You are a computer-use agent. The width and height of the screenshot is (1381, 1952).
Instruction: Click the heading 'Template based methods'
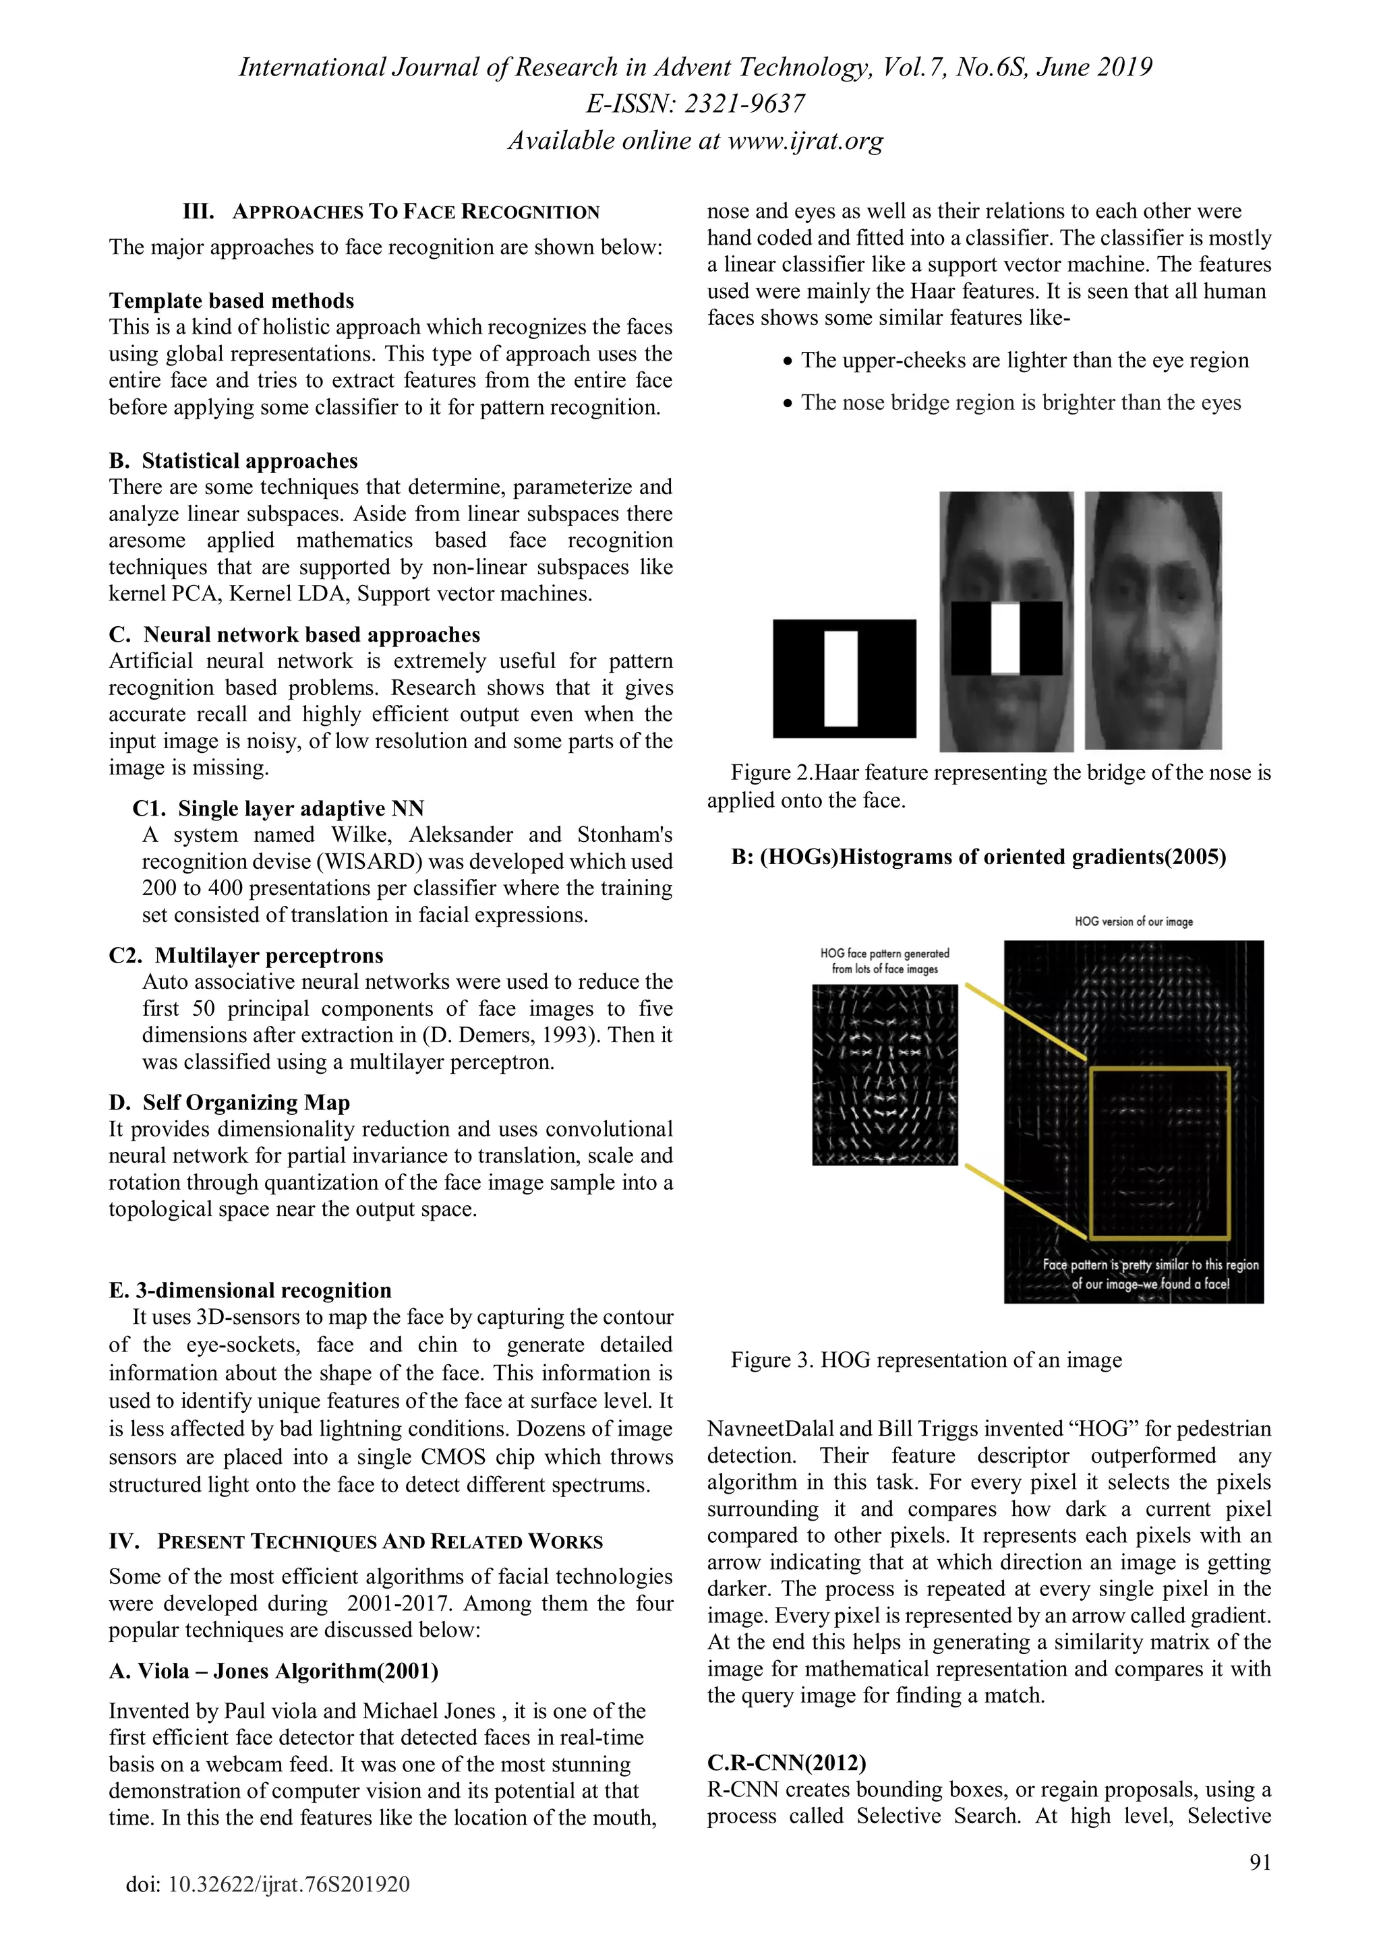[231, 301]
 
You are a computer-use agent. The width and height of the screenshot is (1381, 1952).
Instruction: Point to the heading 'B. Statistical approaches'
[233, 461]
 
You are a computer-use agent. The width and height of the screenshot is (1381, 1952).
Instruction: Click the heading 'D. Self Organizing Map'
[229, 1103]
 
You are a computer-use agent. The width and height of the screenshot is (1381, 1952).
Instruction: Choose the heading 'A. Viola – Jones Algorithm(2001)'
[273, 1672]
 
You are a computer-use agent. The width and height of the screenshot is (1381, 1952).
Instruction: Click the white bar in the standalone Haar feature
[841, 679]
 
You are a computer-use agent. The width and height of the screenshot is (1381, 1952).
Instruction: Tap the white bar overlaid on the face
[1005, 638]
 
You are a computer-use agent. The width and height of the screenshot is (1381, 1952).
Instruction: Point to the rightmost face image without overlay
[1153, 621]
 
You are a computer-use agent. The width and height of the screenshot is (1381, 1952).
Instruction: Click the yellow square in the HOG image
[1160, 1070]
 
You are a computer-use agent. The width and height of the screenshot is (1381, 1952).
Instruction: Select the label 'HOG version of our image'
[1133, 921]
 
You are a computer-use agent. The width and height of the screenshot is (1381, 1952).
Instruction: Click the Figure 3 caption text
[926, 1360]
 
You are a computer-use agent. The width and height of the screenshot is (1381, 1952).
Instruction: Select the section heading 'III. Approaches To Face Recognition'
[391, 212]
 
